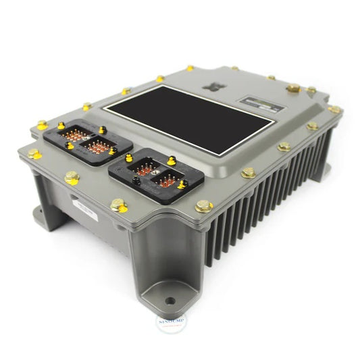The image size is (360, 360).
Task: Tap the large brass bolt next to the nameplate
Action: pos(292,88)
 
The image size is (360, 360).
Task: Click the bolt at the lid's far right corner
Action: pos(334,109)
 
